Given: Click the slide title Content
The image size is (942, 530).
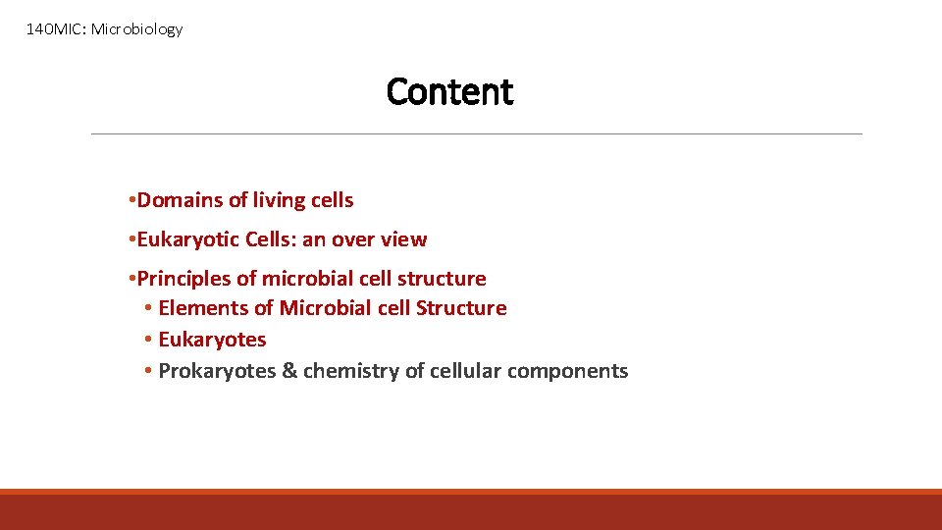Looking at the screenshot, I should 449,91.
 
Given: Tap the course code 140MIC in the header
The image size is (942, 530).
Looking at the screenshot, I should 55,29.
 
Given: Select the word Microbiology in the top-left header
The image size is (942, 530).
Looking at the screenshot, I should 136,29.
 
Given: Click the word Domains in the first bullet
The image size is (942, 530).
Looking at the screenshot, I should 180,200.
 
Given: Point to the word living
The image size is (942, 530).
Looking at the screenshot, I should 280,200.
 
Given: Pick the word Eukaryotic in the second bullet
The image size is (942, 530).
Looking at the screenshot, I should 186,239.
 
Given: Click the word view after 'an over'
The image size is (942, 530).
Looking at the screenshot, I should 405,239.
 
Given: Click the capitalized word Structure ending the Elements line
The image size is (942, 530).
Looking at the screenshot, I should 461,308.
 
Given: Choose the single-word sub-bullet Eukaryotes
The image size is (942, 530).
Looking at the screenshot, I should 212,340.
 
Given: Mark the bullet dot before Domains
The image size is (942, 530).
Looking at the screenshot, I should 131,201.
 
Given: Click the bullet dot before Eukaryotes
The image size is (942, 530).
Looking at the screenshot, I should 146,341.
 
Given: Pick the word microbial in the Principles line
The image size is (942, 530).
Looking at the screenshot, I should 307,279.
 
